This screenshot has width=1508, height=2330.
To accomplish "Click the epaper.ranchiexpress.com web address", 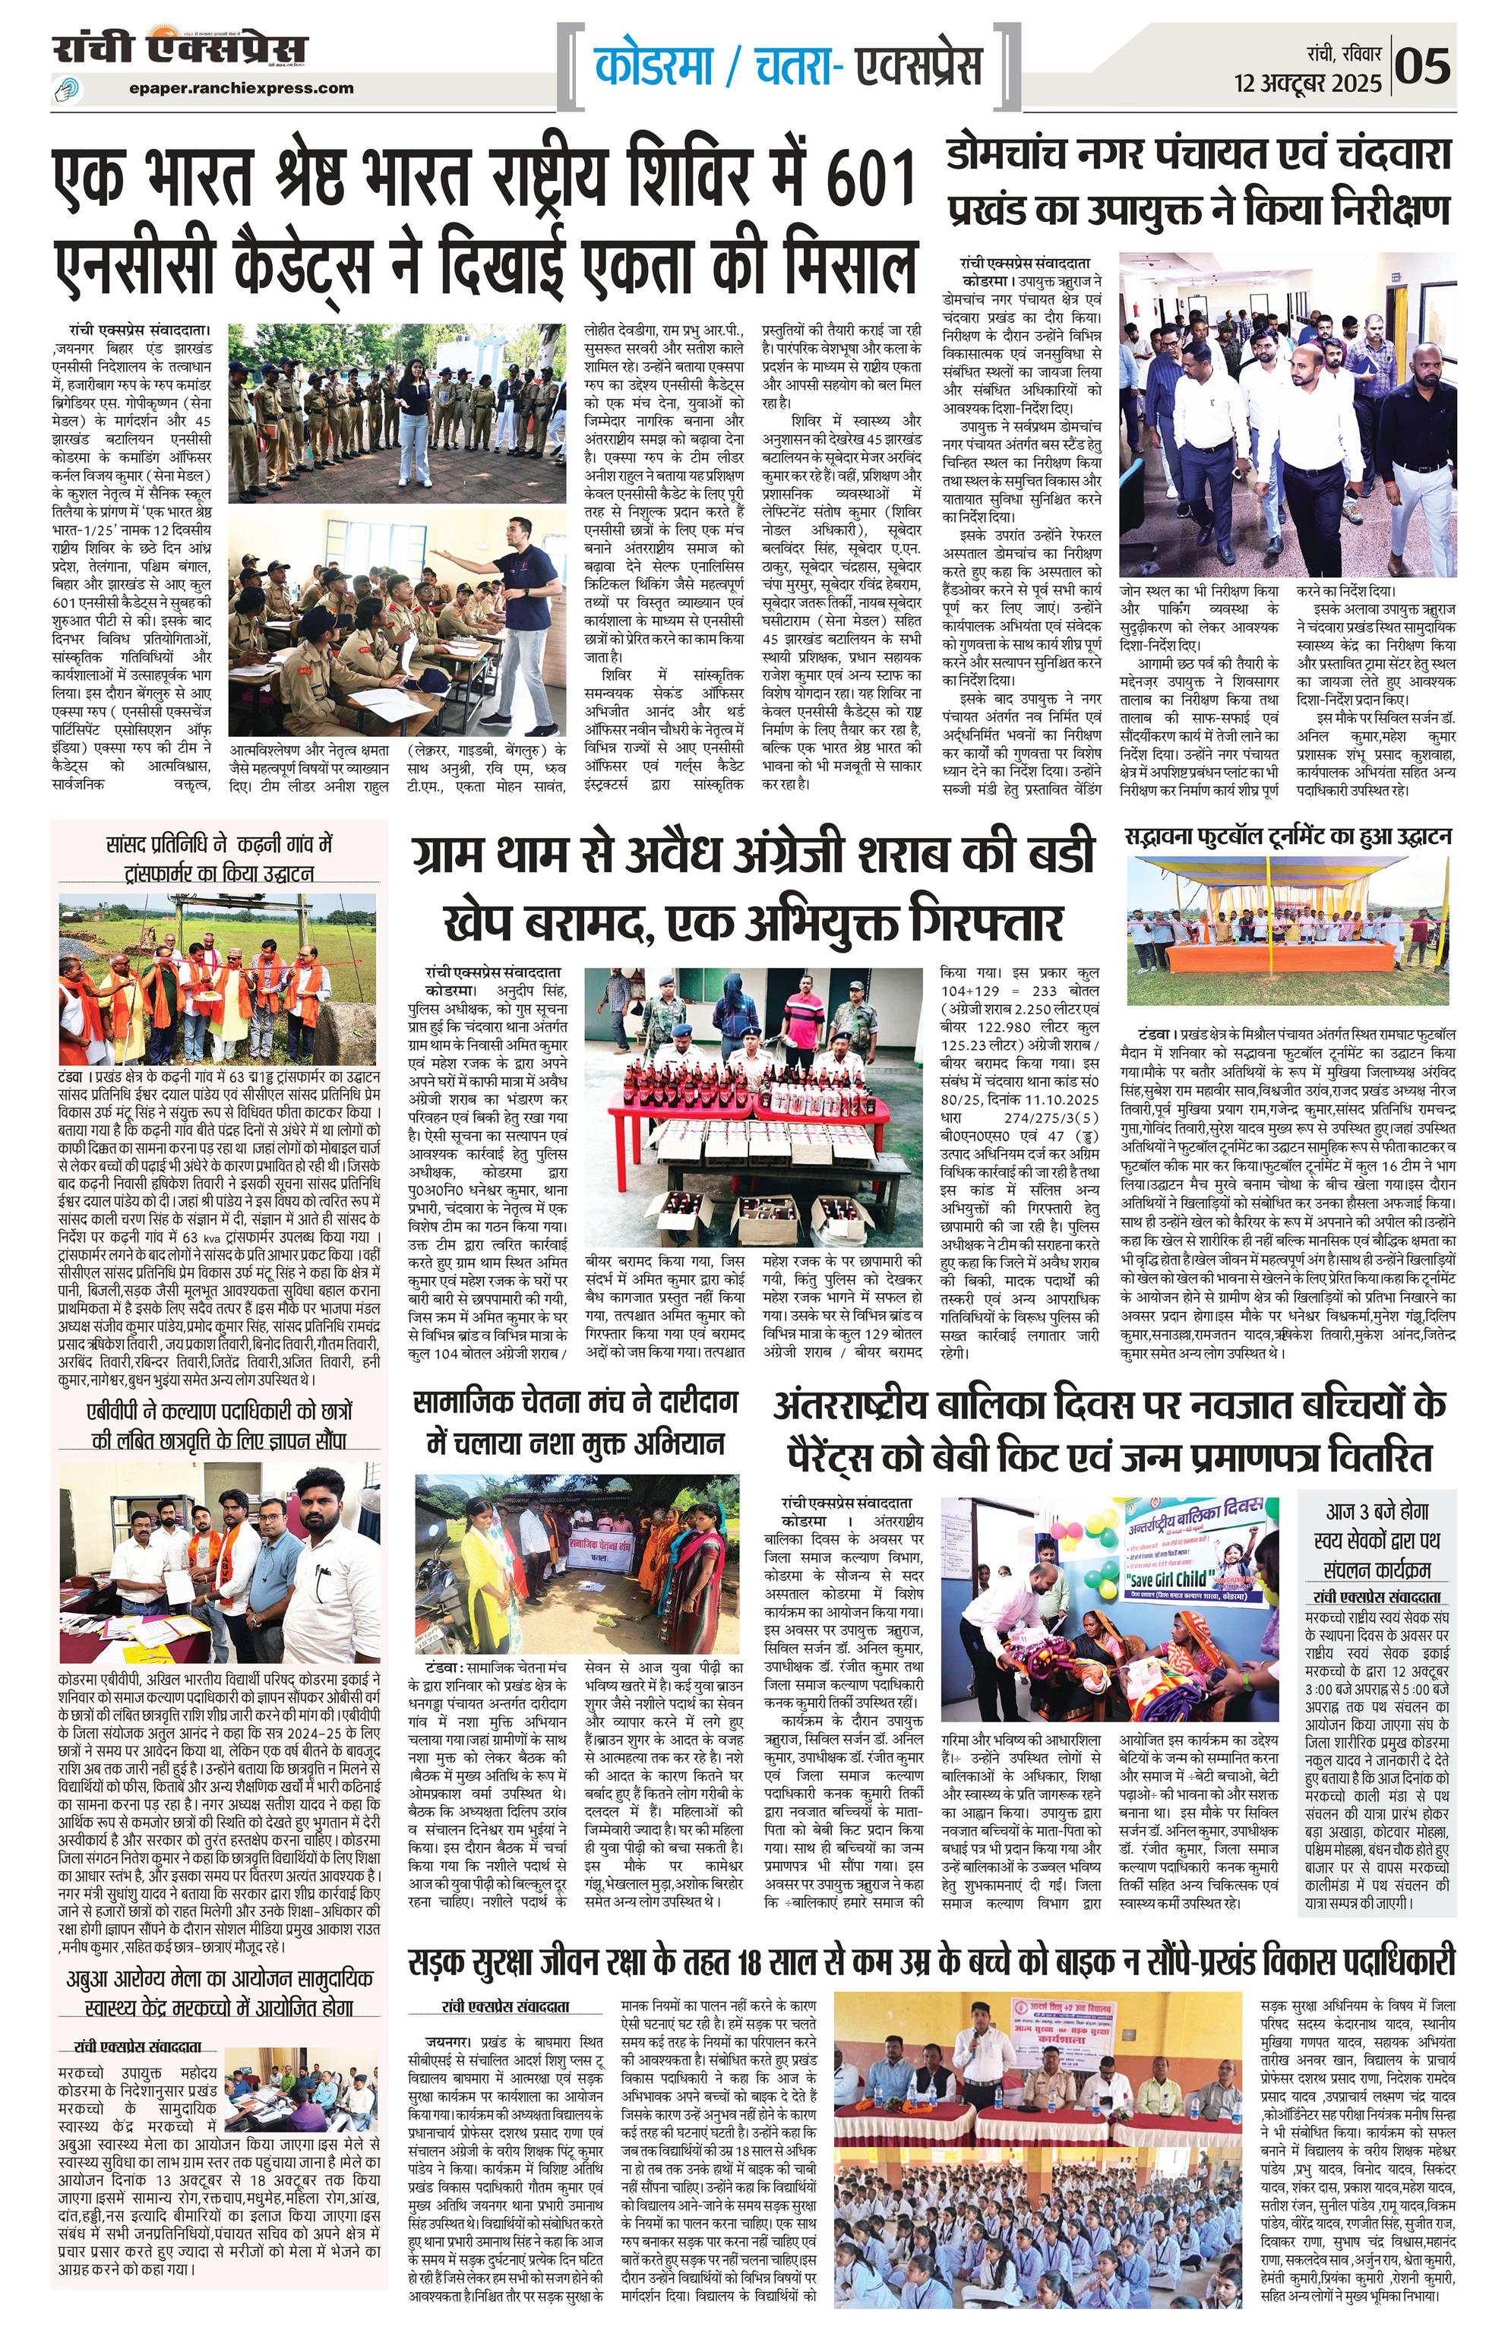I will (x=241, y=87).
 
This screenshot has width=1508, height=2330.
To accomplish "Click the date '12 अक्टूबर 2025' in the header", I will (x=1308, y=84).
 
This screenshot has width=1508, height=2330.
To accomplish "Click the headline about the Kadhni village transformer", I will (x=220, y=858).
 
